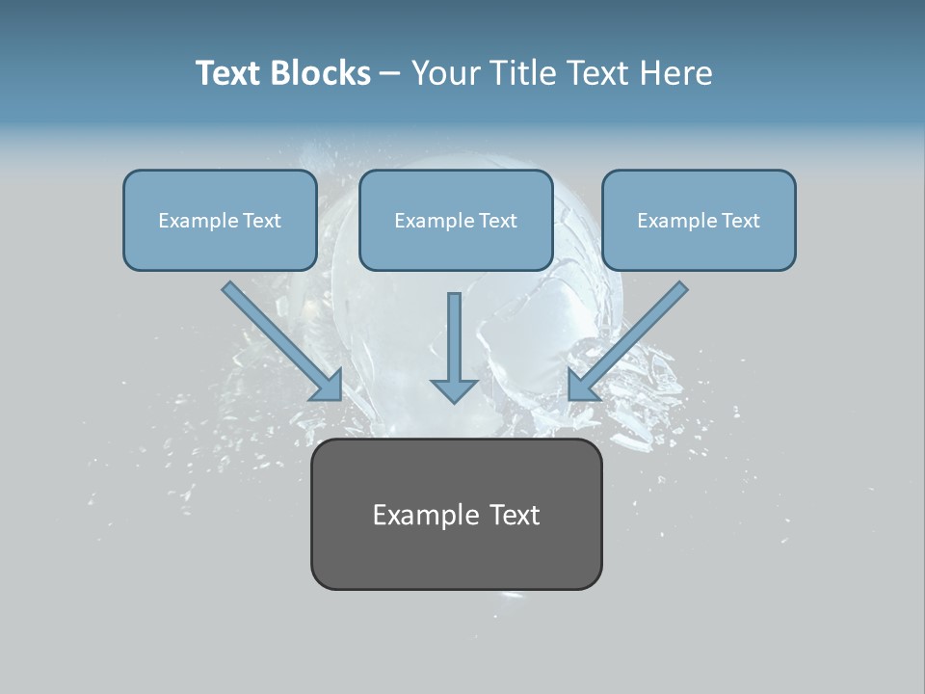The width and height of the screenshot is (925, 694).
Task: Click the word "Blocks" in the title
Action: [323, 73]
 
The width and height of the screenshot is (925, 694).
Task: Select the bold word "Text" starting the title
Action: [232, 73]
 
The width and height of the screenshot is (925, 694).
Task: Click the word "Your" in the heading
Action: [444, 73]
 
